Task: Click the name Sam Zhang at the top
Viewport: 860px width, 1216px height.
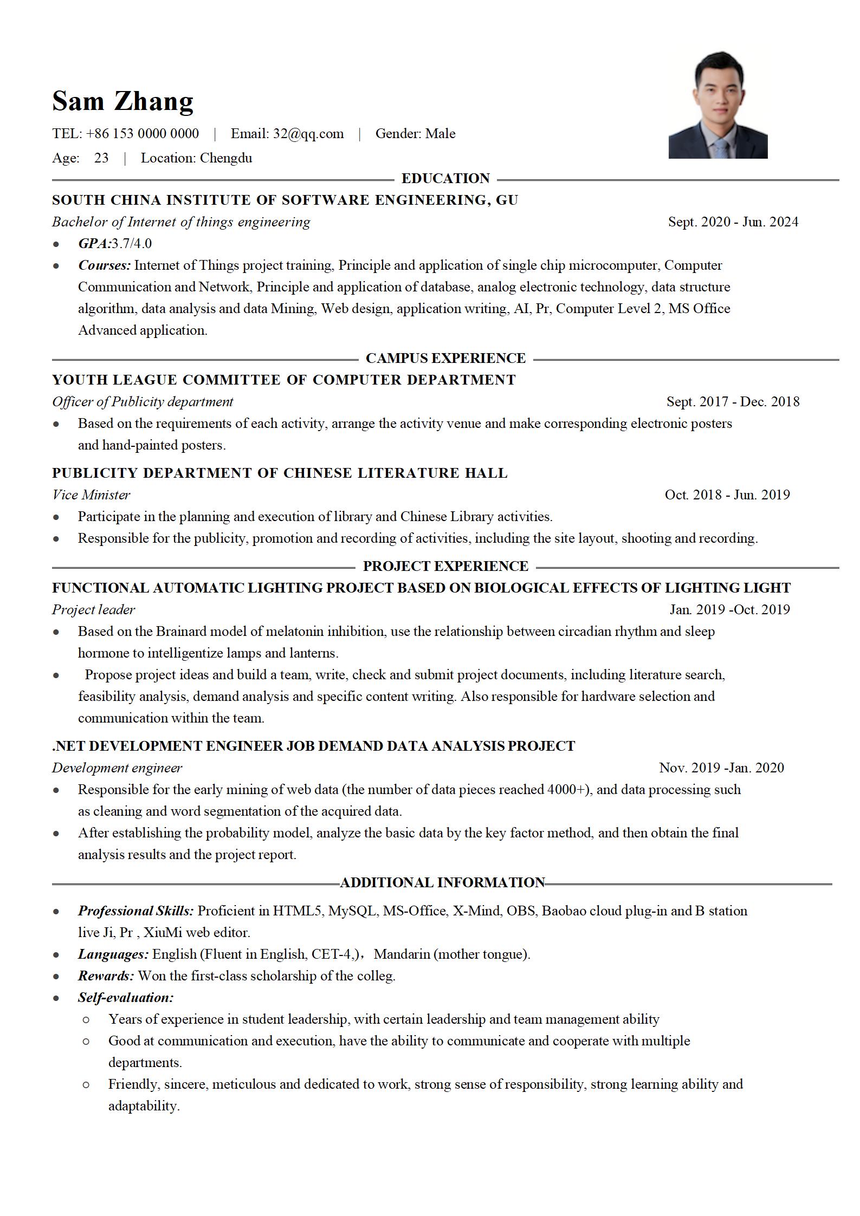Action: pos(122,101)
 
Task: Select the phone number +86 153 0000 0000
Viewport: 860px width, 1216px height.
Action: pos(142,134)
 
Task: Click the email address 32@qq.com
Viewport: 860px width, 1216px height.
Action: pos(308,134)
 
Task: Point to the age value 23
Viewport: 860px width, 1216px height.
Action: pos(101,158)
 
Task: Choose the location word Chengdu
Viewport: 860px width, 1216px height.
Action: pos(226,158)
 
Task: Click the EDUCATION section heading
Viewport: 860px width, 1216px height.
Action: pos(445,178)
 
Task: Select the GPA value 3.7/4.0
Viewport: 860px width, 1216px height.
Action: pos(132,243)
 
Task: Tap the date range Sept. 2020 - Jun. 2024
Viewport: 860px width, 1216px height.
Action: pos(733,222)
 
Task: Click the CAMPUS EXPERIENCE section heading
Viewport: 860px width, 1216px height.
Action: pos(445,358)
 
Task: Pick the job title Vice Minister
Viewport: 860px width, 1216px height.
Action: pos(91,495)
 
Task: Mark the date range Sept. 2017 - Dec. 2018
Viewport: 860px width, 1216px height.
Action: pos(733,401)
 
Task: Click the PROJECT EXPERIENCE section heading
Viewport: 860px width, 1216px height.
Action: pos(445,566)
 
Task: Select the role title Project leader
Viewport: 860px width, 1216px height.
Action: pos(93,609)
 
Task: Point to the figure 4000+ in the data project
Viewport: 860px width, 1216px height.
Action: pos(567,789)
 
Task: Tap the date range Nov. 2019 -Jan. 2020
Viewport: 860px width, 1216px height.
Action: pos(721,768)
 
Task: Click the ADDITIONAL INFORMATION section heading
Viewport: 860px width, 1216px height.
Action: pos(442,882)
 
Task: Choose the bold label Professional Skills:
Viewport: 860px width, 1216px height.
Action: pos(135,911)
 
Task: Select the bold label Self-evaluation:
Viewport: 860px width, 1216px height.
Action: pos(126,997)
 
